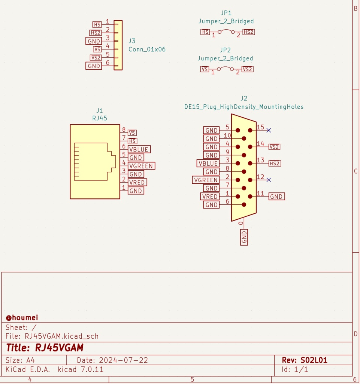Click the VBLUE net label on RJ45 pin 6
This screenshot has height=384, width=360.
point(139,149)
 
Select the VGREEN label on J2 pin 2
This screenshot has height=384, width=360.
point(205,180)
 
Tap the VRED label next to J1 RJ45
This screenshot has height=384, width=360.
point(137,182)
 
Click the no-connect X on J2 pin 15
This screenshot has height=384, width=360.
point(269,130)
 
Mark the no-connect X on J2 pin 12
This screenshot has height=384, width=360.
point(269,180)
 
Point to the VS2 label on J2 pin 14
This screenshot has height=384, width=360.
point(275,147)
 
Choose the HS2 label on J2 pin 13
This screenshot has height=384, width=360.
point(275,163)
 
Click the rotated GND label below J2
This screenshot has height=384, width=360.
point(244,237)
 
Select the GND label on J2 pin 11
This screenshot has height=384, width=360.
point(276,196)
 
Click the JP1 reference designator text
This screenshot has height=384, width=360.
point(226,13)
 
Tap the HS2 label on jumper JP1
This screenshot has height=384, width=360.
point(248,32)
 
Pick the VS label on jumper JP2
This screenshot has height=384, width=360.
point(205,69)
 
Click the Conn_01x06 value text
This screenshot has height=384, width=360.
point(147,49)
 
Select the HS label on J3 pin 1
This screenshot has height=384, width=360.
point(97,24)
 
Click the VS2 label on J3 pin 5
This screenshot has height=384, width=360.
point(96,58)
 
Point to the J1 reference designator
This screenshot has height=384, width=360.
point(99,110)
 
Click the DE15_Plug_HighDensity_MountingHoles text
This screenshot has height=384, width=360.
point(243,107)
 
